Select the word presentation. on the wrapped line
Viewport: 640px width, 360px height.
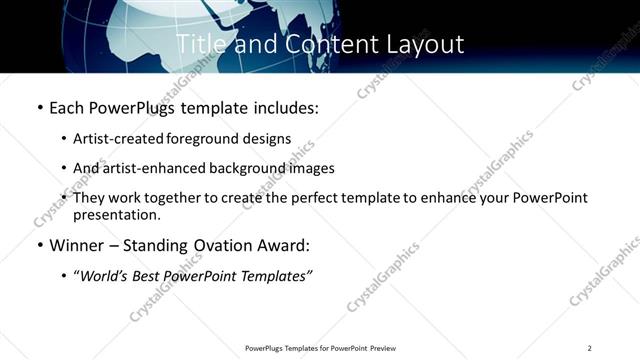click(x=116, y=214)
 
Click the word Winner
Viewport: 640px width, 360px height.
click(x=78, y=245)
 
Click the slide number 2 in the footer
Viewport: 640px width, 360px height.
click(x=590, y=348)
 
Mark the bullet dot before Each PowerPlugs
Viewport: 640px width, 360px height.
click(x=39, y=107)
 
